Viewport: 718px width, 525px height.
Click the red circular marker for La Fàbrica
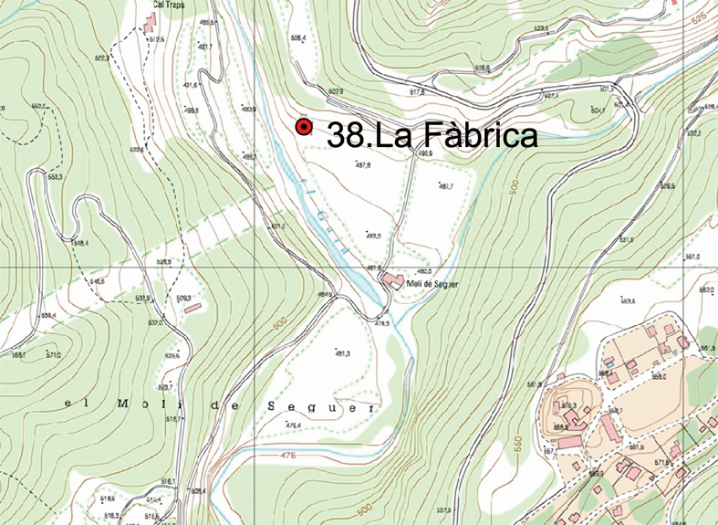(304, 128)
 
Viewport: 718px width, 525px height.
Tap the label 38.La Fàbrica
(432, 136)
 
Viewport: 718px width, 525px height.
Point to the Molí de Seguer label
(432, 284)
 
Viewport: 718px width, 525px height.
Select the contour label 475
(289, 455)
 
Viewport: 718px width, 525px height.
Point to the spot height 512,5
(156, 40)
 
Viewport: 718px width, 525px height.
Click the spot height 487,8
(363, 165)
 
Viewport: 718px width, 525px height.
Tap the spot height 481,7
(445, 186)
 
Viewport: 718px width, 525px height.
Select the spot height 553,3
(54, 177)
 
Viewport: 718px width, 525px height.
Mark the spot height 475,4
(293, 425)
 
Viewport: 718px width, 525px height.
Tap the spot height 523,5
(540, 29)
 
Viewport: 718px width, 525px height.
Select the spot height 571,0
(53, 355)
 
